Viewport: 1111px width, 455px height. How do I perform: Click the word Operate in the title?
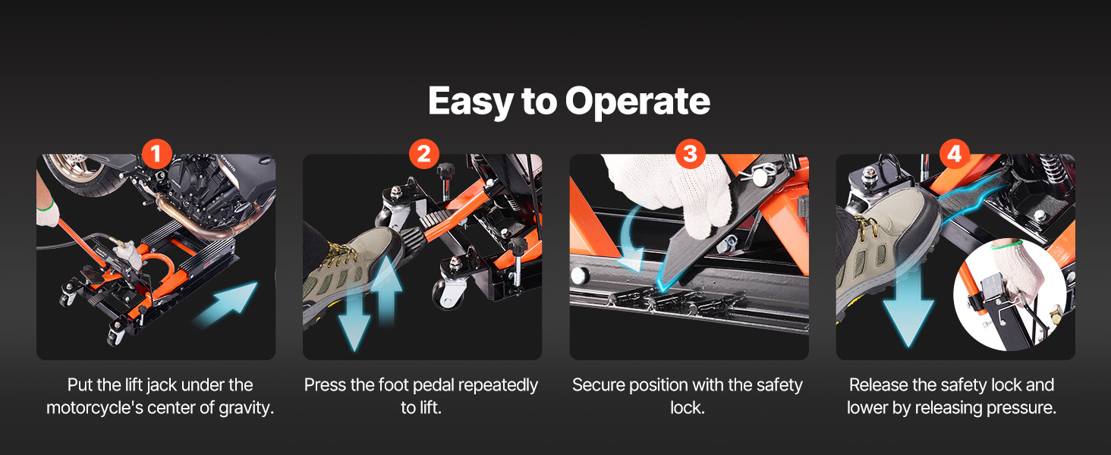pos(637,102)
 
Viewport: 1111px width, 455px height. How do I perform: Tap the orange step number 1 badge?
pos(157,154)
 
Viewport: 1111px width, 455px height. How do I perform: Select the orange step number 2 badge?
pos(423,154)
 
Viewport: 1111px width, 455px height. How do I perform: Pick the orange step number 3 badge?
pos(690,154)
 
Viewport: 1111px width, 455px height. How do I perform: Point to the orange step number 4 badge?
pos(955,154)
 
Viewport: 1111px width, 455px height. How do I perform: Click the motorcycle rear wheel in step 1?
pos(82,174)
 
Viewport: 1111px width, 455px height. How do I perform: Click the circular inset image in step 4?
pos(1010,295)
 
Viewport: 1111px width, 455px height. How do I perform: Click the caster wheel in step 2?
pos(449,293)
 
